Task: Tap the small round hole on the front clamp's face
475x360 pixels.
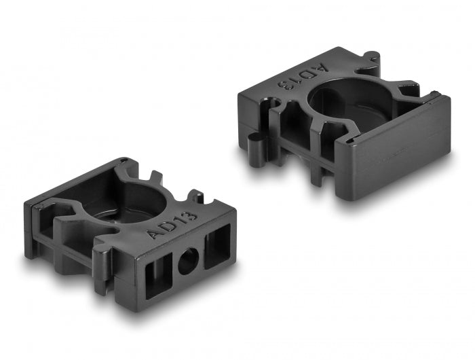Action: (x=188, y=261)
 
